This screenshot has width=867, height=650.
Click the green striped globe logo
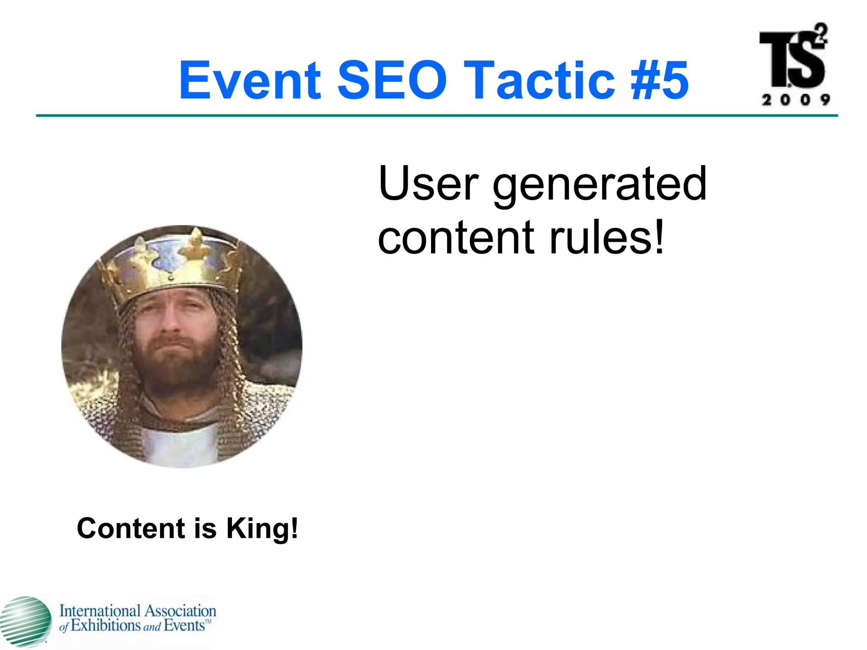tap(25, 621)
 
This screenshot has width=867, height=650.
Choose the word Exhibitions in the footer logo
tap(106, 625)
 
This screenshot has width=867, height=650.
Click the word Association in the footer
tap(180, 611)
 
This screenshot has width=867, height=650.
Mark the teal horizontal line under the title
tap(436, 116)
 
